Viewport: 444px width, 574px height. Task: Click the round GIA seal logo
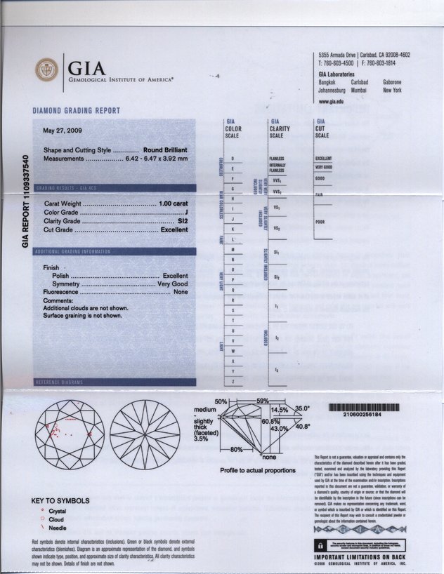[47, 70]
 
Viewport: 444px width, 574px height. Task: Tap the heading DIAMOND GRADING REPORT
[77, 111]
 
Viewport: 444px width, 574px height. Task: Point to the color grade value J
[186, 212]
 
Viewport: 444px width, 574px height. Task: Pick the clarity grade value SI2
[183, 221]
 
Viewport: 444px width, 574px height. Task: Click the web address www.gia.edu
[331, 101]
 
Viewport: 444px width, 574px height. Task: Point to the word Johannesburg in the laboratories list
[332, 91]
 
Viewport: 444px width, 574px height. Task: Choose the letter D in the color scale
[233, 159]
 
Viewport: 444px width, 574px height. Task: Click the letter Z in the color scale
[233, 380]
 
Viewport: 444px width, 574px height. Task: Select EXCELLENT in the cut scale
[324, 159]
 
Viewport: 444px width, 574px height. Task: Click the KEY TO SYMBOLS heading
[61, 501]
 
